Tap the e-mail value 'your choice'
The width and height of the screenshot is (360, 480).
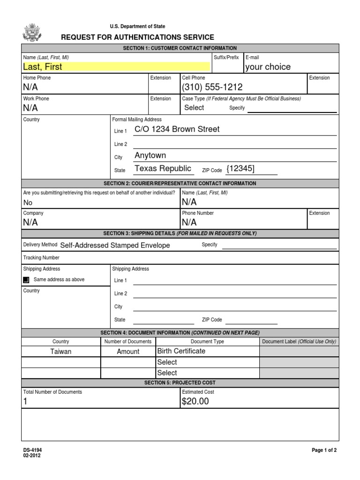(268, 67)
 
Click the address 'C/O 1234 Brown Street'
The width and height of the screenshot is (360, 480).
(177, 129)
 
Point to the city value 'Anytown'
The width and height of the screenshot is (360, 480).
(150, 155)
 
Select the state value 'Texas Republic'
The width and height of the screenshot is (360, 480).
(163, 168)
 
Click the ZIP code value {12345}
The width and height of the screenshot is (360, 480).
(240, 168)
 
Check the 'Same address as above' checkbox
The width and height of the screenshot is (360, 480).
(26, 280)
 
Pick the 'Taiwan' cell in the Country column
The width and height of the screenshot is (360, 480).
(61, 352)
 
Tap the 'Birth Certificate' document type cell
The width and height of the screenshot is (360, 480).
(181, 351)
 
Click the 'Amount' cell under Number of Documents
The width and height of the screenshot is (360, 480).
(128, 352)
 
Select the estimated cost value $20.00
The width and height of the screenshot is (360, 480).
(195, 401)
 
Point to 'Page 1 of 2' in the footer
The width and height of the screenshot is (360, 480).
(324, 450)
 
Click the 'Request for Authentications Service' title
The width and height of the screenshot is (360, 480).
(138, 37)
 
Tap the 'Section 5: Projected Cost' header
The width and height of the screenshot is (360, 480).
(180, 383)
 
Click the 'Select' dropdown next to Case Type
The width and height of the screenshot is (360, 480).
(194, 108)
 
